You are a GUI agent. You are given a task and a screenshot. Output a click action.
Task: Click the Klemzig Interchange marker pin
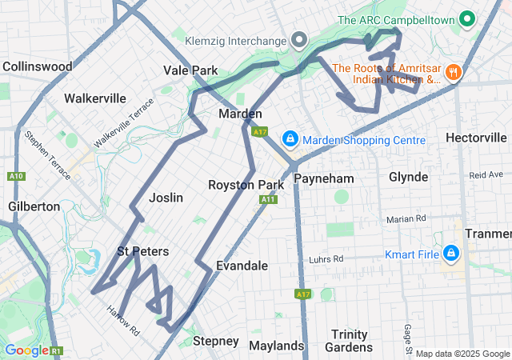pos(299,39)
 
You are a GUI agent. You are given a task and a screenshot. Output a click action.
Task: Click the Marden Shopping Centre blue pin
pos(290,140)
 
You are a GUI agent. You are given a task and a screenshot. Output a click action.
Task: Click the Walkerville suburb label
pos(95,98)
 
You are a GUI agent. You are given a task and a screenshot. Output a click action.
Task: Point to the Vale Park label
pos(190,70)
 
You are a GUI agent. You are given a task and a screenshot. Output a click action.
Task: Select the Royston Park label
pos(246,185)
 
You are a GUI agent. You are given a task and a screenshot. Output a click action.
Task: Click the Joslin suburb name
pos(166,198)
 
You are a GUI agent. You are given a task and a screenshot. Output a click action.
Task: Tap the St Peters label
pos(143,251)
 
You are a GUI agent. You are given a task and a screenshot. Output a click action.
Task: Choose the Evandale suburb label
pos(242,266)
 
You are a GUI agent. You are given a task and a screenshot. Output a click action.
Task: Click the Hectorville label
pos(476,138)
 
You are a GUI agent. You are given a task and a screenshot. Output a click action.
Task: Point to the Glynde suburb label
pos(408,177)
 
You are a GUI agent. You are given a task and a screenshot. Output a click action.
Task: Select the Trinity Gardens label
pos(350,341)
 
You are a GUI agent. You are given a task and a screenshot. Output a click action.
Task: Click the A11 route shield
pos(268,198)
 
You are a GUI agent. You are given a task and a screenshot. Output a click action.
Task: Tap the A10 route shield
pos(15,176)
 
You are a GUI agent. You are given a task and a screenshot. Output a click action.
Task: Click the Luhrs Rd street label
pos(326,259)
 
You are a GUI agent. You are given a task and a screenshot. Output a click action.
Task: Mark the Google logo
pos(26,350)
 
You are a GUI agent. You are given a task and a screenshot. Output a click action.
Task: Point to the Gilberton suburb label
pos(34,206)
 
